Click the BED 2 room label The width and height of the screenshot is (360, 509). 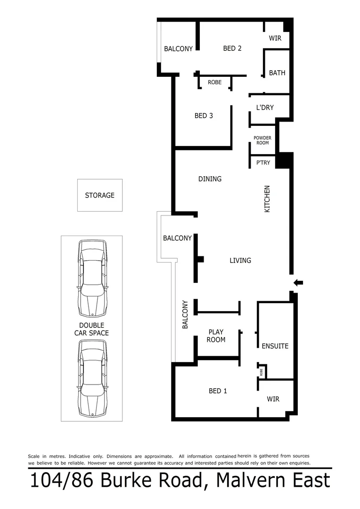point(232,48)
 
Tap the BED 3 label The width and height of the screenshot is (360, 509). point(204,115)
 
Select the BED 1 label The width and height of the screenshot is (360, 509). point(218,391)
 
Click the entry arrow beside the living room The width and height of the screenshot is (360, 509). point(298,283)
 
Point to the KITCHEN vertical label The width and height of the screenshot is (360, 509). point(267,198)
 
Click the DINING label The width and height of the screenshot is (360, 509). point(210,179)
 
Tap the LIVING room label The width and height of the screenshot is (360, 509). point(240,260)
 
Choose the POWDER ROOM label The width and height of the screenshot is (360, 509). point(262,140)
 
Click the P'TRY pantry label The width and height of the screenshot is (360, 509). point(262,163)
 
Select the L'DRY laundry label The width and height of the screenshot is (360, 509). point(265,107)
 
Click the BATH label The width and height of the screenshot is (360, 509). point(277,73)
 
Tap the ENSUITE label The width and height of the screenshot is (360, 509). point(275,346)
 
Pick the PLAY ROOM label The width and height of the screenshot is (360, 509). point(216,336)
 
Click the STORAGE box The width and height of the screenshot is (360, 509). point(100,195)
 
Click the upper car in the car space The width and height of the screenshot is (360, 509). point(92,278)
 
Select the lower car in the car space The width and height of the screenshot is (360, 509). point(92,378)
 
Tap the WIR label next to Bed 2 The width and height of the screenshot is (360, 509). point(275,38)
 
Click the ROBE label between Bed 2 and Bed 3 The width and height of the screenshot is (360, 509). point(214,82)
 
